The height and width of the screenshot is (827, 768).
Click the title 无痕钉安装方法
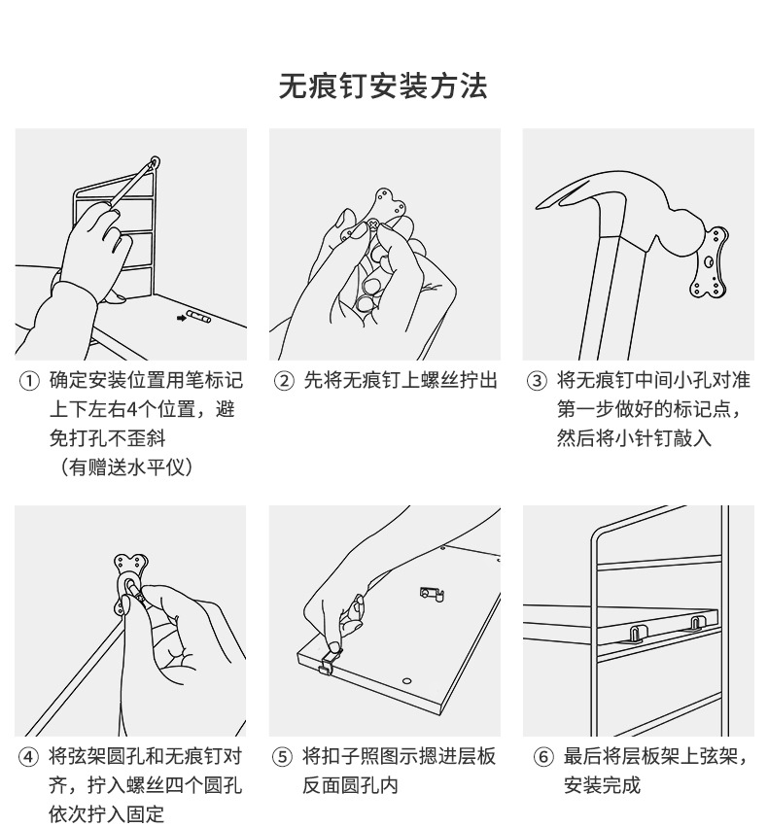383,86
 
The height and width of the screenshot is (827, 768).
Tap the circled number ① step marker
29,381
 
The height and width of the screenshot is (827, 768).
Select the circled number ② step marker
284,381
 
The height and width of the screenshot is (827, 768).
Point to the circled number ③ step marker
537,381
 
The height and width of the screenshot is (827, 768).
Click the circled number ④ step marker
29,757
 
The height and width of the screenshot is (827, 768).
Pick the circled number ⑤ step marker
282,757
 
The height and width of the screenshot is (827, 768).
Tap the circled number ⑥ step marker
543,757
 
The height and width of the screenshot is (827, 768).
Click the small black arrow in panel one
182,318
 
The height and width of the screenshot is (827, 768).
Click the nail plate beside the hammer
710,261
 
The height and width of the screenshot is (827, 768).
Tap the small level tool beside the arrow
199,317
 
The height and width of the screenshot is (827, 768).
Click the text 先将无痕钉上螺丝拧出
401,381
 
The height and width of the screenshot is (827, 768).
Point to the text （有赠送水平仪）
125,467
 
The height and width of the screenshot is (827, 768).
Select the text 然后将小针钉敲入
634,438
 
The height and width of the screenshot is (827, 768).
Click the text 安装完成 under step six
602,786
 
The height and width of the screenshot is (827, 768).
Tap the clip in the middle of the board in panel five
431,594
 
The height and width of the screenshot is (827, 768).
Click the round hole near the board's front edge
406,681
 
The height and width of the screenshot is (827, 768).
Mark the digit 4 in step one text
132,409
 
